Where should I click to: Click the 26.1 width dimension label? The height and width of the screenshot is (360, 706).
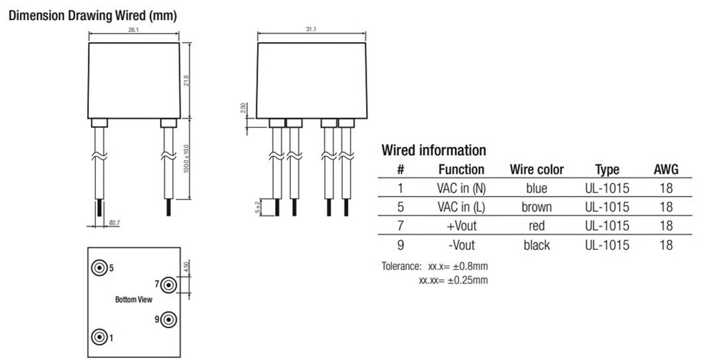(x=134, y=31)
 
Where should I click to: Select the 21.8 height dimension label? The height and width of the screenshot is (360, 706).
(x=186, y=81)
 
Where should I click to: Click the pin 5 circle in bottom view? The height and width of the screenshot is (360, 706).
(x=101, y=268)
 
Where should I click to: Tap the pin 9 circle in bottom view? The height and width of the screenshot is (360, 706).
(x=169, y=319)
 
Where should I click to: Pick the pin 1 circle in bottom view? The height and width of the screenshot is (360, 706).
(x=101, y=337)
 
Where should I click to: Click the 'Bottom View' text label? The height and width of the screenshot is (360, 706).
(x=134, y=301)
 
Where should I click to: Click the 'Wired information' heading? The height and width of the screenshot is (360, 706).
(x=434, y=150)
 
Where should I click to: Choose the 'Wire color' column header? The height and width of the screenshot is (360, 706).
(x=536, y=170)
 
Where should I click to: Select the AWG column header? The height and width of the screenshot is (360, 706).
(x=665, y=170)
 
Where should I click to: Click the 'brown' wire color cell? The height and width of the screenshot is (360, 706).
(x=536, y=207)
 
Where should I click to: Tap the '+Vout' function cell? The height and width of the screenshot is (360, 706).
(x=461, y=226)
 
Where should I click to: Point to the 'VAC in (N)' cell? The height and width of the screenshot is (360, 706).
(x=461, y=188)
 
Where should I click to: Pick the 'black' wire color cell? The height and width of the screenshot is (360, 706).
(x=536, y=245)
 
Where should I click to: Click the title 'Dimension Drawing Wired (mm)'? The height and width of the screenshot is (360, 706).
(x=92, y=16)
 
